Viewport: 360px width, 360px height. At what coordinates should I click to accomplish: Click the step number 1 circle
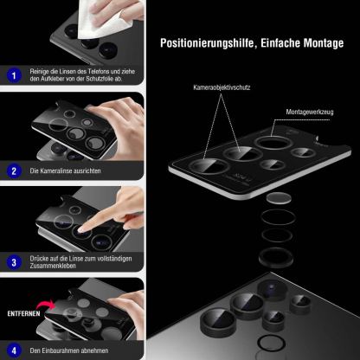pyautogui.click(x=13, y=75)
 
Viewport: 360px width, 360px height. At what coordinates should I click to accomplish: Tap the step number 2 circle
pyautogui.click(x=13, y=171)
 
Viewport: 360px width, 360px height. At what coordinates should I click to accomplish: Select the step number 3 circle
pyautogui.click(x=13, y=261)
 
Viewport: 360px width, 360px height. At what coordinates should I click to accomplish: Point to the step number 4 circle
pyautogui.click(x=13, y=351)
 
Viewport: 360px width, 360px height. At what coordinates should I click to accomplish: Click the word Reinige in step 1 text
pyautogui.click(x=39, y=71)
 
